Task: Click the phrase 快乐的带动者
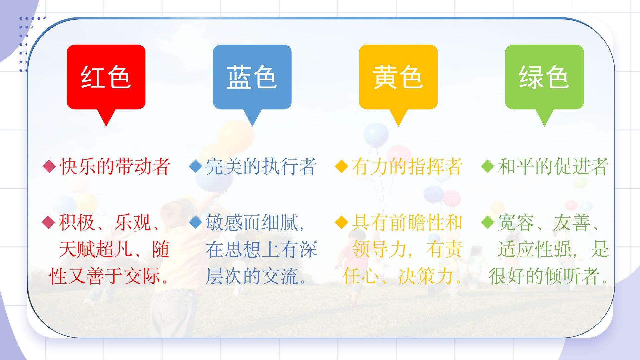coord(115,166)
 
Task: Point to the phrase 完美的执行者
coord(261,166)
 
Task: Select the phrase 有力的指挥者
coord(407,166)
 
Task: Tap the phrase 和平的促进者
coord(553,166)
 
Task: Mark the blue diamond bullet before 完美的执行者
coord(195,166)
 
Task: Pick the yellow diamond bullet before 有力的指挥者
coord(341,166)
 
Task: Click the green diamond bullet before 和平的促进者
coord(488,166)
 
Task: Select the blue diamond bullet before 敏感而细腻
coord(195,223)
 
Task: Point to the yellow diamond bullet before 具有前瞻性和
coord(341,223)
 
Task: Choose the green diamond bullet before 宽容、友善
coord(488,223)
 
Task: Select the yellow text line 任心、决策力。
coord(402,276)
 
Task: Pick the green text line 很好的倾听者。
coord(549,276)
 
